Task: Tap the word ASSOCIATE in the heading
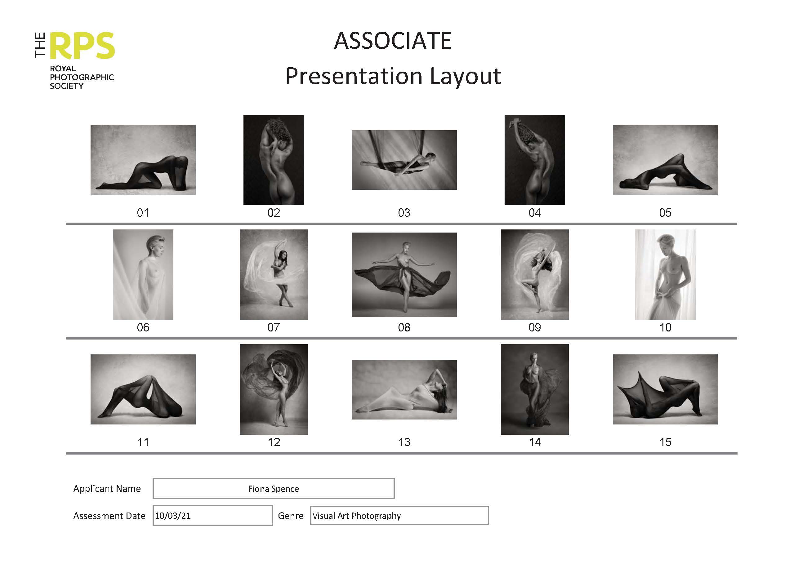pyautogui.click(x=393, y=41)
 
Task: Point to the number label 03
pyautogui.click(x=404, y=213)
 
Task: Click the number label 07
pyautogui.click(x=274, y=327)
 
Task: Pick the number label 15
pyautogui.click(x=665, y=442)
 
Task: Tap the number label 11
pyautogui.click(x=143, y=442)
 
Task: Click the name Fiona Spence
pyautogui.click(x=274, y=489)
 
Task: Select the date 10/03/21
pyautogui.click(x=173, y=516)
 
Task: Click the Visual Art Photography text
pyautogui.click(x=357, y=516)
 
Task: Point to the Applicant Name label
pyautogui.click(x=107, y=489)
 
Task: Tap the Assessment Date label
pyautogui.click(x=109, y=516)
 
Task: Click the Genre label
pyautogui.click(x=291, y=516)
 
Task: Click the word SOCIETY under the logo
pyautogui.click(x=66, y=86)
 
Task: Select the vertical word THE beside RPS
pyautogui.click(x=40, y=45)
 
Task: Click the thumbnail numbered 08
pyautogui.click(x=404, y=274)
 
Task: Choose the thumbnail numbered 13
pyautogui.click(x=404, y=389)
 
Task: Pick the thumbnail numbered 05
pyautogui.click(x=665, y=160)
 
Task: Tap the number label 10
pyautogui.click(x=665, y=327)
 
